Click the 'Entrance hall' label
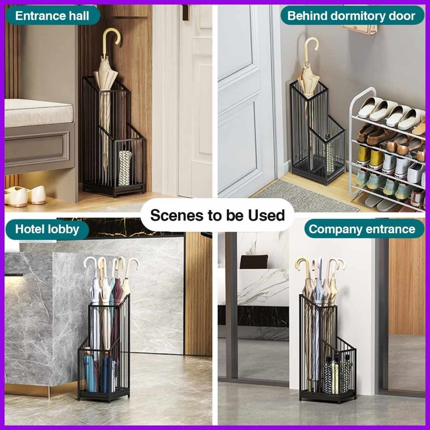[x=52, y=16]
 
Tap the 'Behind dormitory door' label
[x=351, y=16]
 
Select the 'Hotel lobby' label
[x=47, y=229]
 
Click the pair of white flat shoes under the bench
[x=25, y=196]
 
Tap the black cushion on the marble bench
[x=254, y=262]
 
